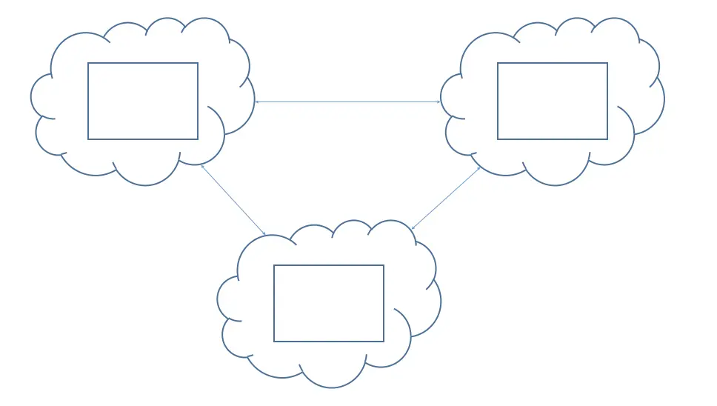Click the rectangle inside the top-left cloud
(x=143, y=101)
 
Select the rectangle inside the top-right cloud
(x=553, y=101)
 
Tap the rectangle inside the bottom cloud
(x=329, y=303)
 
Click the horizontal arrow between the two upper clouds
(x=348, y=101)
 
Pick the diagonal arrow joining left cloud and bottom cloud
(x=233, y=200)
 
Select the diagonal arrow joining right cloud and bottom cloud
(x=446, y=198)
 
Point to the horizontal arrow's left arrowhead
(x=256, y=101)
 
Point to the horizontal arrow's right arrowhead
(x=440, y=101)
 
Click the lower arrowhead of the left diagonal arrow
(x=264, y=235)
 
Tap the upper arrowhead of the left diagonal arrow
(x=202, y=166)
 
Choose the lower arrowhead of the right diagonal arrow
(x=412, y=228)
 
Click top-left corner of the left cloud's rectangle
(x=88, y=63)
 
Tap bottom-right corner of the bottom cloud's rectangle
(x=384, y=342)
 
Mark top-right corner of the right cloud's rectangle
(x=607, y=63)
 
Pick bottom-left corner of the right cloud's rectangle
(x=498, y=139)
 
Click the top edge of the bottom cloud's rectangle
(x=329, y=265)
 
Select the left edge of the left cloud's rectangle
(x=88, y=101)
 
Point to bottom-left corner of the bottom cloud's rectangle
(x=274, y=342)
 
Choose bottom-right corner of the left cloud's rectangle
(x=198, y=139)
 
